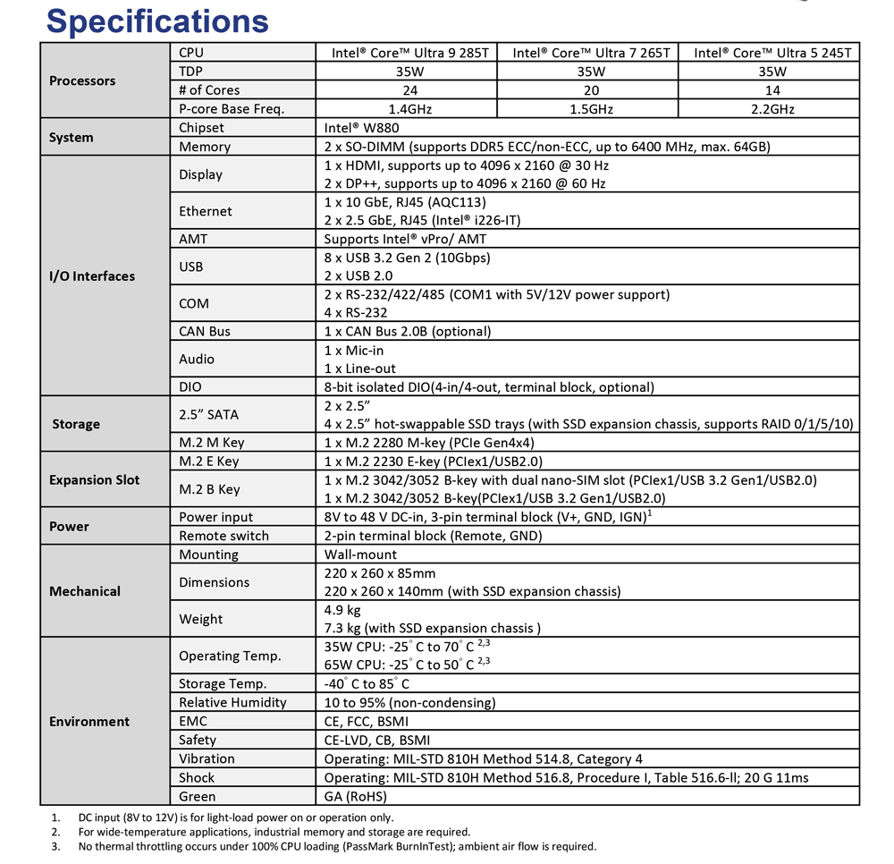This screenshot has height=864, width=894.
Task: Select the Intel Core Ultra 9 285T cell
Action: [406, 53]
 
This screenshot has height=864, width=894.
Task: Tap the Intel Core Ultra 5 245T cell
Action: [772, 53]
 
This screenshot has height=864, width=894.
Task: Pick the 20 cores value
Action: [590, 90]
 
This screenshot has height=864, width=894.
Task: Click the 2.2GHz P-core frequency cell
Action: [772, 109]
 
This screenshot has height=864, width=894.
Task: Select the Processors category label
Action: [82, 80]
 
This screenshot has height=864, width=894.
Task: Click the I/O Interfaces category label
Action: [92, 275]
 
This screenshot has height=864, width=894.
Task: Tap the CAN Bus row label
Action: [205, 331]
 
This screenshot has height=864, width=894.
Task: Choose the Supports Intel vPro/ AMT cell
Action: [405, 239]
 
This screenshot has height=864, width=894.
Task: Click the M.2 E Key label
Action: [209, 462]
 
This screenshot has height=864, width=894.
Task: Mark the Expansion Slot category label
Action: [95, 479]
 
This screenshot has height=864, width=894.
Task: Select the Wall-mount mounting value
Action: [360, 555]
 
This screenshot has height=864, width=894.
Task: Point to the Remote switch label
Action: [223, 536]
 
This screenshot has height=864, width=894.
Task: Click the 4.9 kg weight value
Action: [342, 610]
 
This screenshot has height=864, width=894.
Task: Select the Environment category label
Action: [89, 721]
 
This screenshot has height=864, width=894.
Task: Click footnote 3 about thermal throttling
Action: [336, 845]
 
